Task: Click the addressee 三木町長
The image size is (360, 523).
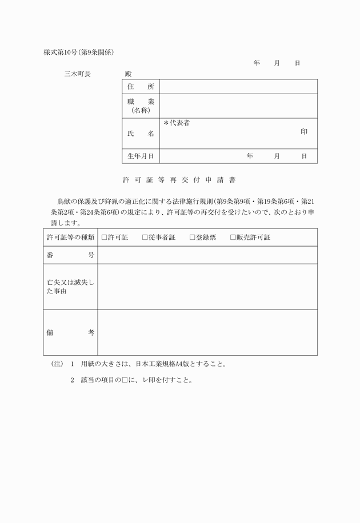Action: tap(78, 74)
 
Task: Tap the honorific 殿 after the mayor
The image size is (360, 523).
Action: tap(127, 74)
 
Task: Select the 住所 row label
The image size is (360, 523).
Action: tap(141, 86)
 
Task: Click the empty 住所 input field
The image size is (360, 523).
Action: tap(238, 86)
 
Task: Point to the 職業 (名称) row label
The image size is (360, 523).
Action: tap(141, 106)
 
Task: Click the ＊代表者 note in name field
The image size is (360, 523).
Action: tap(177, 123)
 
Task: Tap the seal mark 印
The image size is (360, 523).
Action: tap(304, 131)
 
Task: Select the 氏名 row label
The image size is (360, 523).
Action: tap(141, 133)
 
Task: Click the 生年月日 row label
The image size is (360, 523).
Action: tap(141, 156)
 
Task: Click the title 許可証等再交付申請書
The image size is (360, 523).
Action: tap(179, 179)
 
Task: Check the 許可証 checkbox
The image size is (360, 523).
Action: tap(105, 238)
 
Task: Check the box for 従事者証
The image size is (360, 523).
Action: tap(145, 238)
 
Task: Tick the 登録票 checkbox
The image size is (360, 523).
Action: tap(193, 238)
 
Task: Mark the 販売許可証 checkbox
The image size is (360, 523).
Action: tap(233, 238)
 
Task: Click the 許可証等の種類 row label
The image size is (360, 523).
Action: tap(70, 238)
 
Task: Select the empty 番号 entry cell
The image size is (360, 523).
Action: tap(207, 255)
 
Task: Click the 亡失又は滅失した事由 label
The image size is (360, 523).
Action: tap(70, 287)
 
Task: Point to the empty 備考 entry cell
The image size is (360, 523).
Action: tap(207, 332)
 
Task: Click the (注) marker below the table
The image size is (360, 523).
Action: tap(57, 363)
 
